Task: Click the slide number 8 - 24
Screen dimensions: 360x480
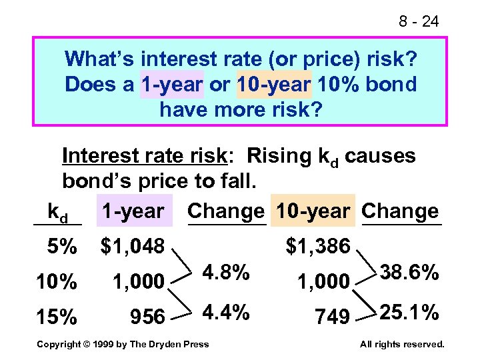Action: (x=419, y=22)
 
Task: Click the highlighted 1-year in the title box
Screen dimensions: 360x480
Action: (x=172, y=85)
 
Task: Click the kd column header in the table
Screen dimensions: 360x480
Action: (x=58, y=212)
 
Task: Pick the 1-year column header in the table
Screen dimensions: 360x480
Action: (x=133, y=211)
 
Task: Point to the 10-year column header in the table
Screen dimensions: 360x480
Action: (x=313, y=211)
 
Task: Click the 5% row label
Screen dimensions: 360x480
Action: (x=61, y=247)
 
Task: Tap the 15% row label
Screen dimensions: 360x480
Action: (x=57, y=317)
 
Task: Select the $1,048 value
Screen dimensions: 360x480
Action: (x=132, y=247)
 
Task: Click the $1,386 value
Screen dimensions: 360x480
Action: (x=318, y=247)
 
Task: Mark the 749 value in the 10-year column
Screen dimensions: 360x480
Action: (x=332, y=317)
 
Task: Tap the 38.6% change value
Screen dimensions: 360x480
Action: (x=409, y=273)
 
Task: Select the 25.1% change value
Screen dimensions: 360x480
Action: (x=409, y=312)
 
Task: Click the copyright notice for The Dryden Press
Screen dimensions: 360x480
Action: (x=123, y=344)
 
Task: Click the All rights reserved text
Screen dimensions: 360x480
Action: (x=401, y=344)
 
